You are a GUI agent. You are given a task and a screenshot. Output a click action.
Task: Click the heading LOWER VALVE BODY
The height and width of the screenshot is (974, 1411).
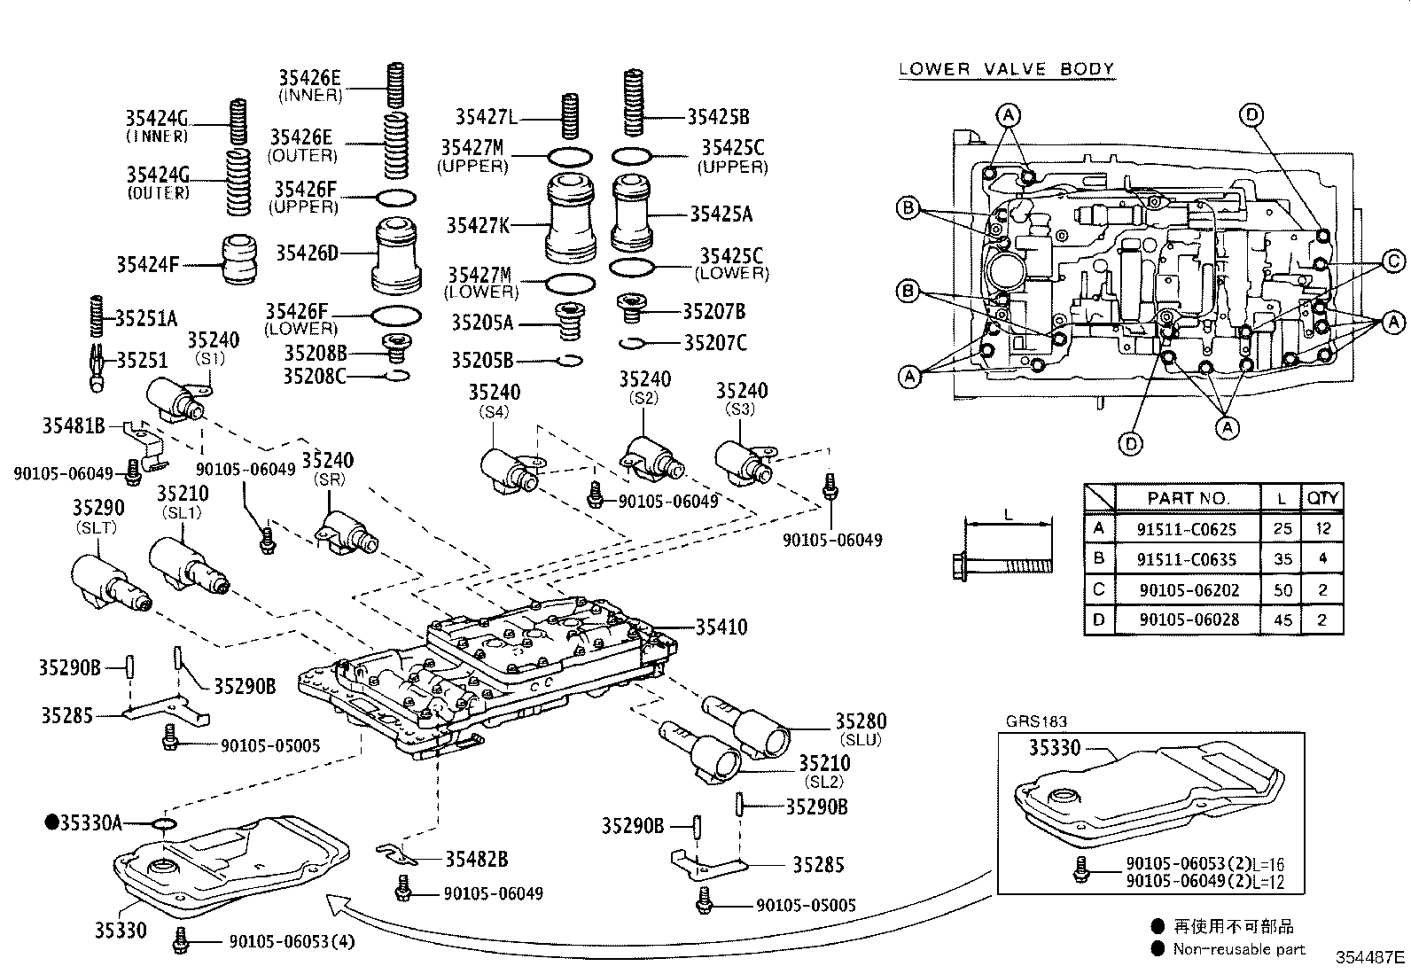(1006, 69)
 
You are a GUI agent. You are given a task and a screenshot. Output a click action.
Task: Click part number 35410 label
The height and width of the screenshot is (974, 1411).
(721, 627)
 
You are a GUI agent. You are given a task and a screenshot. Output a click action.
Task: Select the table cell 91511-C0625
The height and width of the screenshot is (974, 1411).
(1187, 529)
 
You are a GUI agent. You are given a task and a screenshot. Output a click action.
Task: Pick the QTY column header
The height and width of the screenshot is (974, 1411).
(1321, 498)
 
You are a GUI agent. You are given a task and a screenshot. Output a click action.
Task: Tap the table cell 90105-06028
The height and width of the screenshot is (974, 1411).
(1187, 619)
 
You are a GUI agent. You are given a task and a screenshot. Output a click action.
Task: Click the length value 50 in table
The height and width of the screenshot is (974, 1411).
(1282, 589)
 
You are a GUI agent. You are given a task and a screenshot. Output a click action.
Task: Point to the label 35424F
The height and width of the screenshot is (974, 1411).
(147, 264)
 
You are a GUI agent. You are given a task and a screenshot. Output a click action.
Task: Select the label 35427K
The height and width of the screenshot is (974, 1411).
(478, 226)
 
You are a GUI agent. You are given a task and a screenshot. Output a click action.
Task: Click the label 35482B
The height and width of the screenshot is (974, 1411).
(476, 859)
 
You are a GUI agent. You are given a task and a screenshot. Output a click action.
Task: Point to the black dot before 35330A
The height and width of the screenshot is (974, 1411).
(52, 822)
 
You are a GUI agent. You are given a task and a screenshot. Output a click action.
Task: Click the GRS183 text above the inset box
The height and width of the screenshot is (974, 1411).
(1036, 721)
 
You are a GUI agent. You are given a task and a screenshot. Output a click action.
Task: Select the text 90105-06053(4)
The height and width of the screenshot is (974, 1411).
(292, 942)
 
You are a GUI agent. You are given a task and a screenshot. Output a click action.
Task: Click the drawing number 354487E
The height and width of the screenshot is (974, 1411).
(1370, 957)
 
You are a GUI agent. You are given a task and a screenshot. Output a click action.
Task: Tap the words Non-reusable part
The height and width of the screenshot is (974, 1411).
(1238, 949)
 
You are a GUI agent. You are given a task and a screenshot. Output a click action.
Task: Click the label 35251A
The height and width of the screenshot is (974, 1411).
(146, 318)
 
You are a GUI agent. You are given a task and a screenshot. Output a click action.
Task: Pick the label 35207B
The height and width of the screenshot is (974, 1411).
(713, 311)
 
